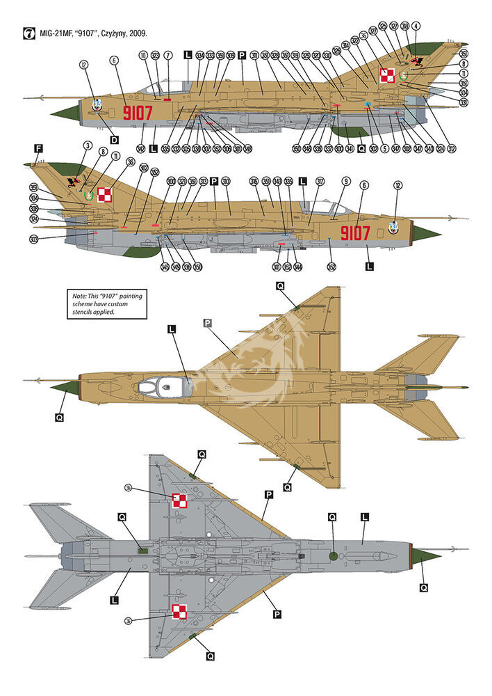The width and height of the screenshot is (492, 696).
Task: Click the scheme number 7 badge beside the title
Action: [x=28, y=33]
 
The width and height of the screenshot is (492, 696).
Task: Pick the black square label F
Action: [x=38, y=148]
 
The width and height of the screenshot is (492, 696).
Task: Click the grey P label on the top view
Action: [x=207, y=323]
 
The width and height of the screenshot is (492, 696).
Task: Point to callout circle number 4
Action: [x=416, y=26]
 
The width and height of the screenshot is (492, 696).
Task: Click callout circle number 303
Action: [x=34, y=239]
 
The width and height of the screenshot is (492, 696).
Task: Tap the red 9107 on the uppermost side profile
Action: [x=138, y=112]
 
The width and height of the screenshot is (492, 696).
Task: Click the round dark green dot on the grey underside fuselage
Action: [x=333, y=556]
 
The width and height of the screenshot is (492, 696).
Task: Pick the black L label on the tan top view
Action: [x=172, y=329]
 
